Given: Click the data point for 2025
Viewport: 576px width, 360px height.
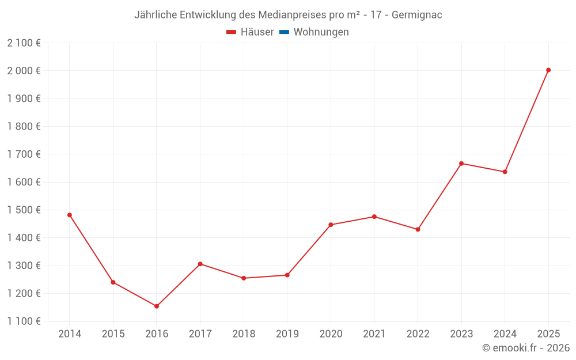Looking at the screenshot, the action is [548, 70].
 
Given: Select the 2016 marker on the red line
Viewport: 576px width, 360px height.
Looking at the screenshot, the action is [157, 306].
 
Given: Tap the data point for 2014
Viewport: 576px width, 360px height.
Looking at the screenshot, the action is [70, 215].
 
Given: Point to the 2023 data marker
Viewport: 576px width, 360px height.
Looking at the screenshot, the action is [461, 164].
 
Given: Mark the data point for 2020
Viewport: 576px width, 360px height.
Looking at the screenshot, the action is [331, 225].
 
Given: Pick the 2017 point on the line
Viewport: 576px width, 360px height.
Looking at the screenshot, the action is [200, 264].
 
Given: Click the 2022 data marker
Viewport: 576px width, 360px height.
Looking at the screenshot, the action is [418, 230].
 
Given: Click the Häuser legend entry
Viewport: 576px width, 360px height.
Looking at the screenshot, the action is [250, 32].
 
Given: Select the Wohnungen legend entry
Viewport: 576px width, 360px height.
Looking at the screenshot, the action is [314, 32].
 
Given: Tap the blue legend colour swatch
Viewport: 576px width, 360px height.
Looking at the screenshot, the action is [284, 32].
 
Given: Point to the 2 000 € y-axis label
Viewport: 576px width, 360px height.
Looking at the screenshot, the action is [24, 70].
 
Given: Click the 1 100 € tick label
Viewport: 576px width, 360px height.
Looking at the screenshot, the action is [24, 321].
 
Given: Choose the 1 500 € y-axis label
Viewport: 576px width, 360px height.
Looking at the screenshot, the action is [24, 210].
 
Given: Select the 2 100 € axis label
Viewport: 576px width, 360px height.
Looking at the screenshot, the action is [24, 43].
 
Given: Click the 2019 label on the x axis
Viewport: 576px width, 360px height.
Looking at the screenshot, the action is [287, 334].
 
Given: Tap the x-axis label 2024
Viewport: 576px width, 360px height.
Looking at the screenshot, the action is [505, 334].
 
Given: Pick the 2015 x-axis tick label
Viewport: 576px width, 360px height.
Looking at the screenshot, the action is [113, 334].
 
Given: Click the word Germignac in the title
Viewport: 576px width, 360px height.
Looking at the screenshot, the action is [417, 15].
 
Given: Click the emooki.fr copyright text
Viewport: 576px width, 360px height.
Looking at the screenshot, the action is [526, 348].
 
